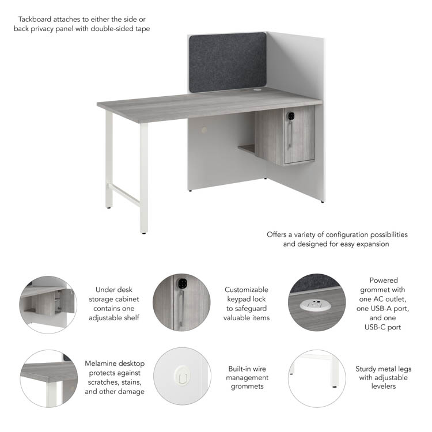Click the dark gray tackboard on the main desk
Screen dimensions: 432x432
tap(228, 63)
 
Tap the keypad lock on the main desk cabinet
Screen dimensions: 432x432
tap(290, 116)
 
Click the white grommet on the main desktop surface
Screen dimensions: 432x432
tap(257, 90)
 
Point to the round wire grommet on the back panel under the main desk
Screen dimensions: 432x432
tap(203, 130)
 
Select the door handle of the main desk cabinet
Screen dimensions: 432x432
tap(290, 135)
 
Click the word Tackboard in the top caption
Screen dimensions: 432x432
tap(35, 19)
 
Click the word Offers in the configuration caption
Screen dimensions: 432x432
tap(276, 234)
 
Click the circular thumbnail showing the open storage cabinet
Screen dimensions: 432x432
tap(48, 305)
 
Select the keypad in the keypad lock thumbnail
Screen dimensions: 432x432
tap(181, 283)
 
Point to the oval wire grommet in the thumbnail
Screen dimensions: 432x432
tap(182, 376)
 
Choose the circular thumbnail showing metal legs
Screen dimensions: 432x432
tap(317, 378)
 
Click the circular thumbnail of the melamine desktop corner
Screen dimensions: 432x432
tap(49, 378)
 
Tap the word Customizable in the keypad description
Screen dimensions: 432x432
tap(247, 290)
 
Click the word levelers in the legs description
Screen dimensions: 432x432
tap(383, 386)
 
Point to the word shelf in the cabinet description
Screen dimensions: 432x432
tap(131, 317)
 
